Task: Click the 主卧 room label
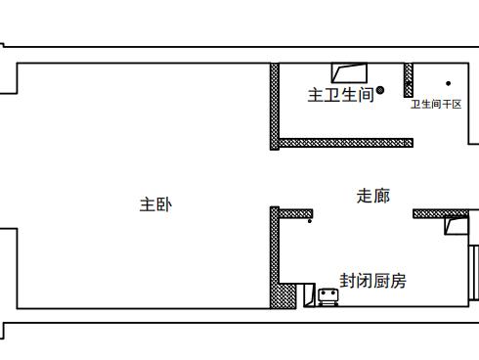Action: (x=155, y=204)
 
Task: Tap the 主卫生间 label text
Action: (x=340, y=95)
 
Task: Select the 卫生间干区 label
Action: (x=435, y=104)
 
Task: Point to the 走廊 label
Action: (x=372, y=196)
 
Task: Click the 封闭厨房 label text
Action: (x=372, y=281)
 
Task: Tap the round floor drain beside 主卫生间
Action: (x=380, y=91)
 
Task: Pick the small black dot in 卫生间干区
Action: (x=449, y=84)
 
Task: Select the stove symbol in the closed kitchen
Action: (x=328, y=296)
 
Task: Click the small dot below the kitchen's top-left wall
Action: (x=310, y=221)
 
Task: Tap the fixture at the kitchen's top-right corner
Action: (x=456, y=226)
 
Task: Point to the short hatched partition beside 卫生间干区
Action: (x=409, y=79)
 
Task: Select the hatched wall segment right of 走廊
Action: (x=440, y=213)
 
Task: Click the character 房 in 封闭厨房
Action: (x=398, y=281)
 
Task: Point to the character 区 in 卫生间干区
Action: (x=457, y=104)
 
